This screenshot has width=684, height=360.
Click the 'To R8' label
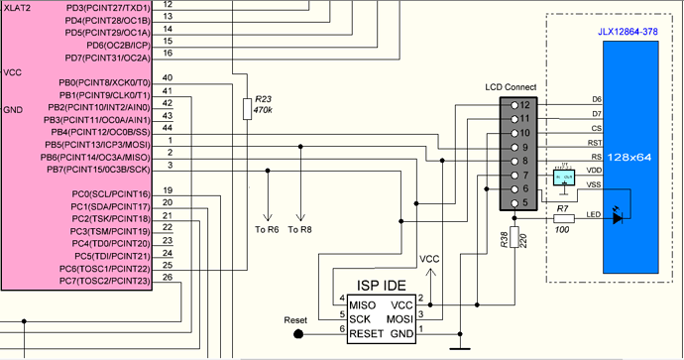coord(299,230)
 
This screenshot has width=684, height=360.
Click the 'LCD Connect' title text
coord(510,88)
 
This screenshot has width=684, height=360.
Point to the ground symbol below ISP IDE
coord(458,347)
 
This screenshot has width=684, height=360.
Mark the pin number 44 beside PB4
coord(167,128)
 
